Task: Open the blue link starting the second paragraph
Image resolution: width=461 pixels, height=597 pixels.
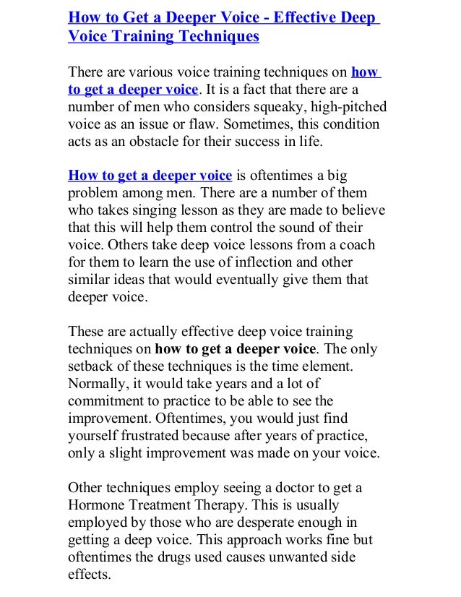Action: point(150,176)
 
